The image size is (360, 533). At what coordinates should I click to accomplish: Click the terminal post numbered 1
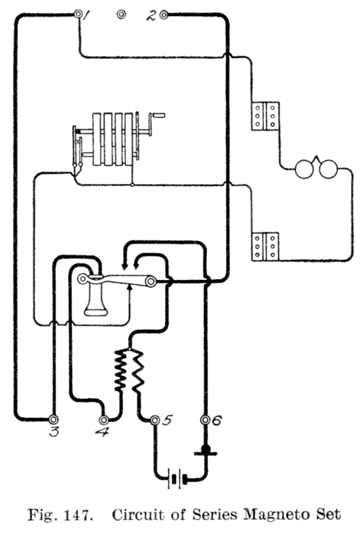[79, 15]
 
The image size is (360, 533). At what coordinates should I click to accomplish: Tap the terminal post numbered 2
[164, 15]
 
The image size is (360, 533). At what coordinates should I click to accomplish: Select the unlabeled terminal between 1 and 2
[121, 15]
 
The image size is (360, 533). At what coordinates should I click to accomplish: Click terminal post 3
[53, 419]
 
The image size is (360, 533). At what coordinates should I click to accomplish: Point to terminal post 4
[104, 419]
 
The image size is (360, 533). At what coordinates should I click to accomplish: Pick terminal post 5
[155, 420]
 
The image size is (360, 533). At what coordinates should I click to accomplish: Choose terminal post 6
[205, 420]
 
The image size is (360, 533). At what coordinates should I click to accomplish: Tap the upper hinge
[265, 116]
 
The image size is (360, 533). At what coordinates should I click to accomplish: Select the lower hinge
[265, 247]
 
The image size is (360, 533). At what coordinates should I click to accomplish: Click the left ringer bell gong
[304, 169]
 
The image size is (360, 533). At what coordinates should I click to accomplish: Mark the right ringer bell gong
[329, 169]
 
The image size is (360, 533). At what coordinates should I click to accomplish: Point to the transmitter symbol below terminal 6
[205, 451]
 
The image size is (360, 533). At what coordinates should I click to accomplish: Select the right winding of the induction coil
[138, 371]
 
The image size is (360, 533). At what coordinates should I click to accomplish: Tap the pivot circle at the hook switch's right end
[151, 281]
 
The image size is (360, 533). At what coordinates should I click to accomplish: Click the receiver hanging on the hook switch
[95, 295]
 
